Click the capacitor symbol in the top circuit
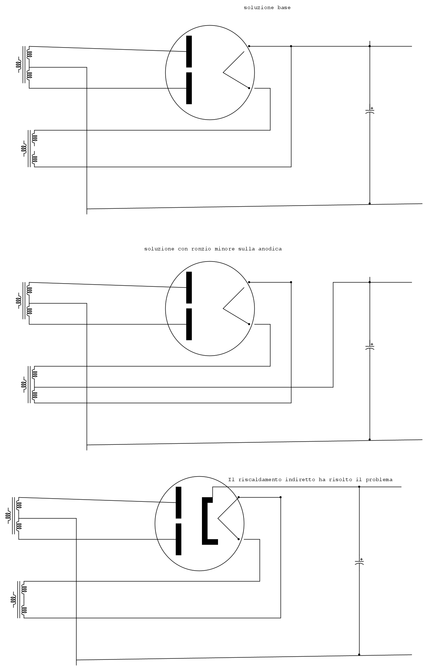[370, 110]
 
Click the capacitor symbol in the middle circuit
[370, 347]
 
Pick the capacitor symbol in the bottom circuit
[359, 562]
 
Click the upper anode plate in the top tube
[189, 51]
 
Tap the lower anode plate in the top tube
[189, 88]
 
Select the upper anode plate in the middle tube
[189, 287]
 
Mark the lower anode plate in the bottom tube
[179, 539]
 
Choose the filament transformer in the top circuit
[29, 149]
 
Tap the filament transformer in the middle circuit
[29, 385]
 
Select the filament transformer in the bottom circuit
[19, 600]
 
